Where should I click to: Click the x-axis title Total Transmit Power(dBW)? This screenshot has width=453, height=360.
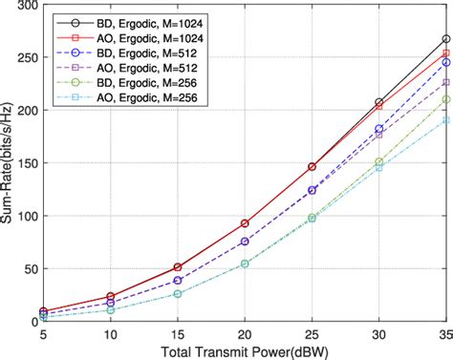pos(245,350)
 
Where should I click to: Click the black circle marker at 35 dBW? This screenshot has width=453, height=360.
pos(446,39)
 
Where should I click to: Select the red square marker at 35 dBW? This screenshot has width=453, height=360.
pos(446,53)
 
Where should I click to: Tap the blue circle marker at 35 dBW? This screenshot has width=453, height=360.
pos(446,62)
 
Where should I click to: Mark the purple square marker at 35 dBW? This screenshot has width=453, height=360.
pos(446,83)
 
